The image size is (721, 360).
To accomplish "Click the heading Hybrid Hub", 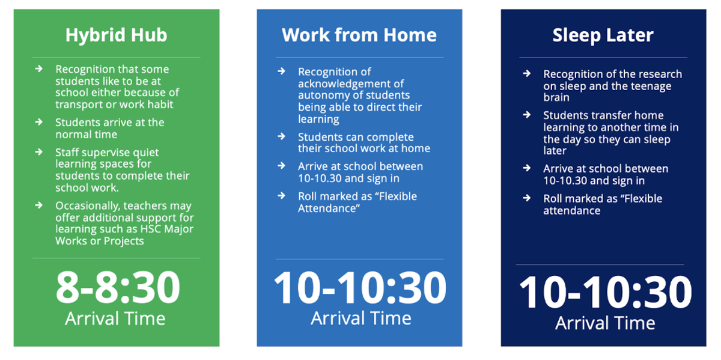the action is [x=116, y=35].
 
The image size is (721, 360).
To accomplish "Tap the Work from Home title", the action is [x=359, y=35].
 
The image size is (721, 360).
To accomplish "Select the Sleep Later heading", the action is [x=603, y=35].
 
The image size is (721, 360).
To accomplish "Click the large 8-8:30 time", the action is [x=118, y=287].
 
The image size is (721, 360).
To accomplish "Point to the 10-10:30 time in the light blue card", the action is [x=360, y=287].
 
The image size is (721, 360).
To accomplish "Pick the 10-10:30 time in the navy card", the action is [x=605, y=292].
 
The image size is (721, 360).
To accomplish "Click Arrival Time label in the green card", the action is [x=115, y=319].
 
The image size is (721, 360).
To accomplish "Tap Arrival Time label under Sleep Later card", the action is [x=605, y=323].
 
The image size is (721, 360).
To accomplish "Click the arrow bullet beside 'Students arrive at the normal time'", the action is [x=39, y=122].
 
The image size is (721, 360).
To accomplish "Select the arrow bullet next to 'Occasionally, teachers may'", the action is [x=39, y=205].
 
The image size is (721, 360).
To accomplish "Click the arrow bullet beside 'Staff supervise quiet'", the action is [x=39, y=151].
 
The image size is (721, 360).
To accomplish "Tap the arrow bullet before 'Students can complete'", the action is [x=282, y=136].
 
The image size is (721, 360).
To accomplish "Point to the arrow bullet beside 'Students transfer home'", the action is [x=527, y=115].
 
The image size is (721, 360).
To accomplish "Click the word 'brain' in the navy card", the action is [x=556, y=97].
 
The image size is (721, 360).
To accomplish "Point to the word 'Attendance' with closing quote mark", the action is [x=329, y=209].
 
